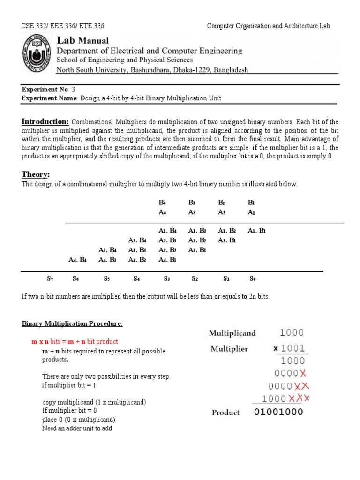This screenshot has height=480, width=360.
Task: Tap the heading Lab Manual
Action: tap(82, 40)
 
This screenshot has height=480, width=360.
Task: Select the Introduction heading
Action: tap(45, 122)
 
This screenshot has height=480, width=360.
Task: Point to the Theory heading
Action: tap(35, 174)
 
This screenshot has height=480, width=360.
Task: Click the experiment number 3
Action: tap(73, 90)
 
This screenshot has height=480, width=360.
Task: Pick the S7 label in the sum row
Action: tap(50, 279)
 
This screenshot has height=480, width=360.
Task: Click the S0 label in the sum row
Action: tap(253, 279)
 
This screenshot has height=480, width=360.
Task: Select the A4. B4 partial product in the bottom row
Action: tap(78, 259)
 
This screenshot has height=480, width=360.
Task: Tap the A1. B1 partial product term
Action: tap(256, 231)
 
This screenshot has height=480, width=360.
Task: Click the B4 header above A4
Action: tap(163, 203)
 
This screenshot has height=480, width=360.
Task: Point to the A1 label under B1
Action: tap(252, 212)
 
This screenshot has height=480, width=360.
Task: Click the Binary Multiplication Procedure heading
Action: tap(73, 324)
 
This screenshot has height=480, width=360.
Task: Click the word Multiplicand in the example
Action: tap(232, 333)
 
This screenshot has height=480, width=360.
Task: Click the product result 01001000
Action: tap(278, 412)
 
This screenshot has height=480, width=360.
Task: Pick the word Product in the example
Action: tap(225, 412)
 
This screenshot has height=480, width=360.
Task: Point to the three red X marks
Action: tap(298, 399)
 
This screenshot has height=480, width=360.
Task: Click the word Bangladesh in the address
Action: tap(229, 70)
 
